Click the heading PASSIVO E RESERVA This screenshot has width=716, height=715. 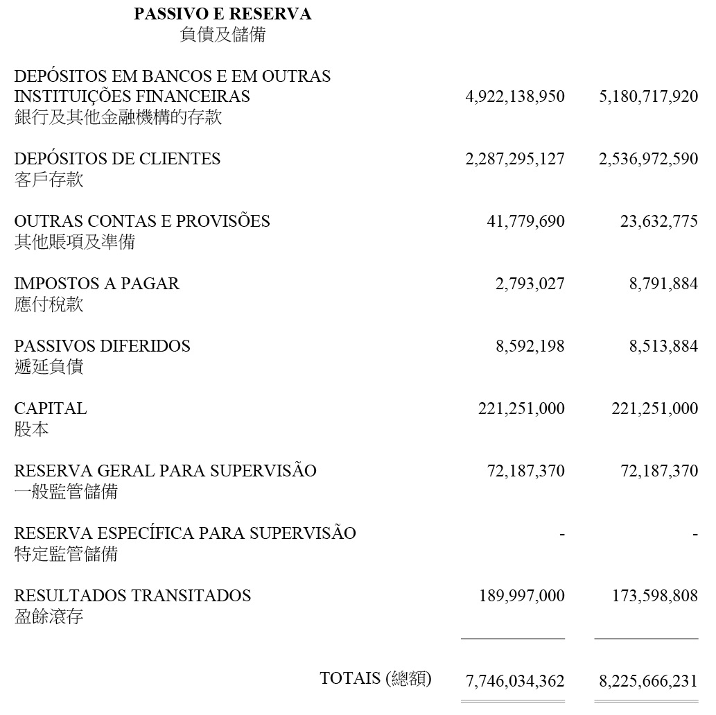pos(222,14)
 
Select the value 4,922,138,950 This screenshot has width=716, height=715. pos(515,96)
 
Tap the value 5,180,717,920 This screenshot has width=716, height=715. pos(648,96)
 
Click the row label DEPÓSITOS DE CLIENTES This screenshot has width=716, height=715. pos(117,159)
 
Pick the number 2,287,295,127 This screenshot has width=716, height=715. pos(515,159)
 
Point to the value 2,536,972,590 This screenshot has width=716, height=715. pos(648,159)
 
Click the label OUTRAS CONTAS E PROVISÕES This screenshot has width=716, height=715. pos(142,221)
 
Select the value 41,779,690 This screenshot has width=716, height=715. pos(525,221)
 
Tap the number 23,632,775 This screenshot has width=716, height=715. pos(659,221)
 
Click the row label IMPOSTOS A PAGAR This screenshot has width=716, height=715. pos(96,284)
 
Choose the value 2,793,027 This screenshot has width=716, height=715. pos(530,284)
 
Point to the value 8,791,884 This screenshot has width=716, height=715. pos(664,284)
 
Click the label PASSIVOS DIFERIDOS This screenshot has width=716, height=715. pos(102,346)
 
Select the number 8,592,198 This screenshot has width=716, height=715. pos(530,346)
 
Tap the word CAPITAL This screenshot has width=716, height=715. pos(51,408)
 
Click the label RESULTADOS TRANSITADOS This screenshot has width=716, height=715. pos(132,596)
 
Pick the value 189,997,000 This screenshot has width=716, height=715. pos(521,596)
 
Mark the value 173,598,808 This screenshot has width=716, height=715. pos(654,596)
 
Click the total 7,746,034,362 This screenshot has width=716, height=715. pos(515,681)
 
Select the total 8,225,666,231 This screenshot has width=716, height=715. pos(648,681)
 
